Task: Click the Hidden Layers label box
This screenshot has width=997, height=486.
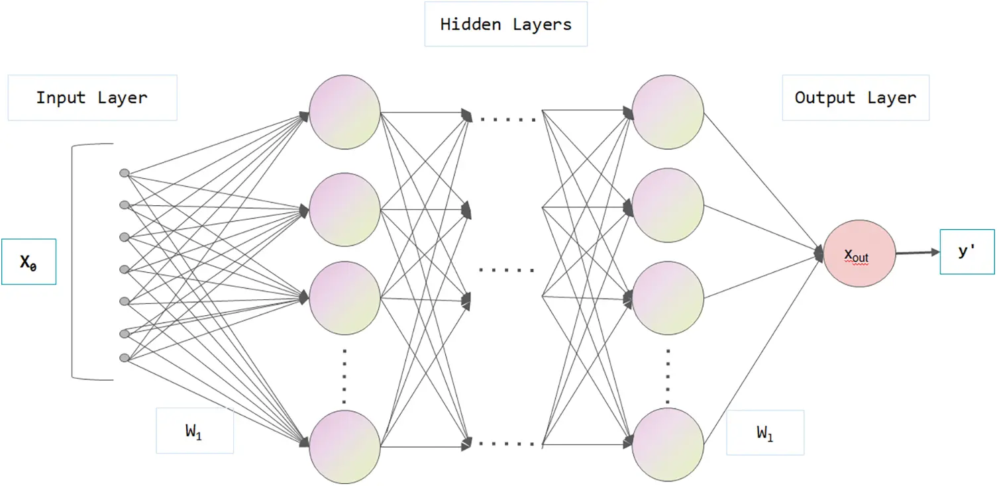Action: point(505,25)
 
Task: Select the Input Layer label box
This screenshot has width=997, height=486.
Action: point(92,98)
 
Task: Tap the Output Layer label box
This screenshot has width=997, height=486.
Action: point(855,98)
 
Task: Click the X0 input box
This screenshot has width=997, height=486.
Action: point(28,262)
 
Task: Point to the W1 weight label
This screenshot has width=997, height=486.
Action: point(194,431)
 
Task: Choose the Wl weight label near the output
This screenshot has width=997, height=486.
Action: point(764,432)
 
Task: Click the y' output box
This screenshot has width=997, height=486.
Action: point(967,252)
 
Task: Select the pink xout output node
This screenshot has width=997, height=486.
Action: point(859,254)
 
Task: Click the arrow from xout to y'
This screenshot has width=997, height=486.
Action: point(918,252)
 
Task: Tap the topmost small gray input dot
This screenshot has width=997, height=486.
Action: point(124,173)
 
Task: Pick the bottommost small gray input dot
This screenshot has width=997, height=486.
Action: point(124,358)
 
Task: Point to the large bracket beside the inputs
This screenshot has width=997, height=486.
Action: point(74,262)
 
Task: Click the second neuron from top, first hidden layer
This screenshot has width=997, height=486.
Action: point(344,207)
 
